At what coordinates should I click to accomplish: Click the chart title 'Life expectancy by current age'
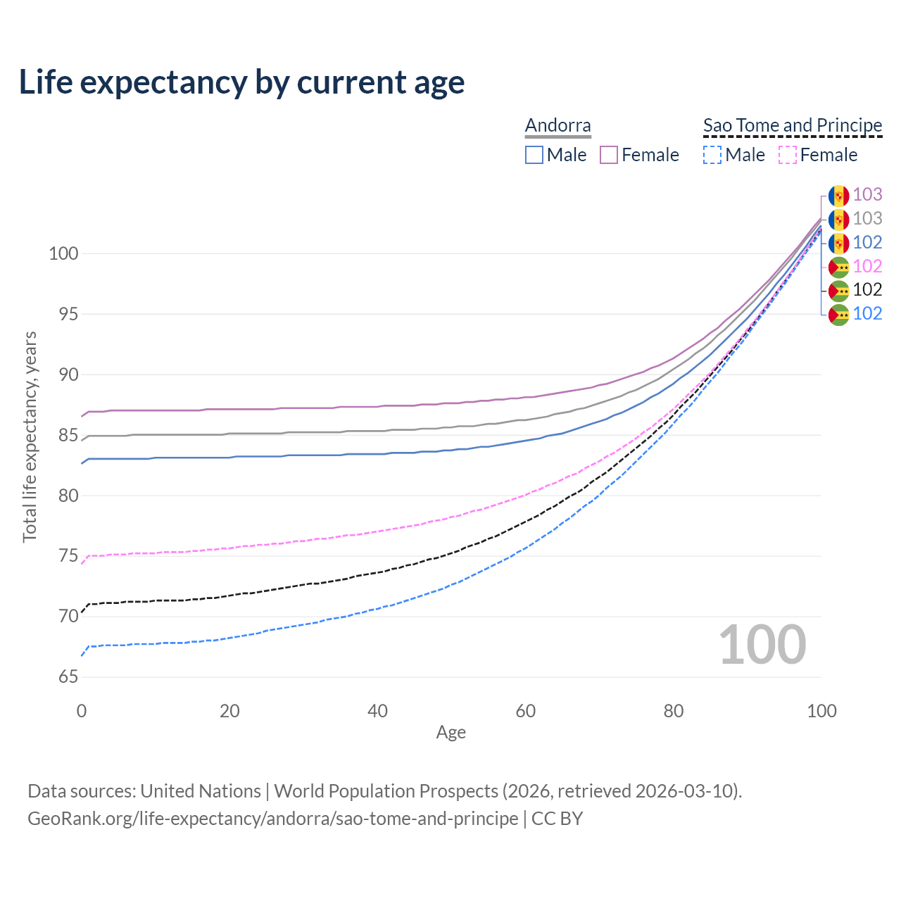[x=241, y=82]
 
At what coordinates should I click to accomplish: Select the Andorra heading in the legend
[x=557, y=125]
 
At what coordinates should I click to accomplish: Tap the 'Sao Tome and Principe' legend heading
[x=793, y=125]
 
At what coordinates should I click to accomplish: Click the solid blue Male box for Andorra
[x=534, y=155]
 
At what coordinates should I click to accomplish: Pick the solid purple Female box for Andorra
[x=609, y=155]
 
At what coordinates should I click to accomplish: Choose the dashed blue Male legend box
[x=712, y=155]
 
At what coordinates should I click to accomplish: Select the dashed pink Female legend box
[x=787, y=155]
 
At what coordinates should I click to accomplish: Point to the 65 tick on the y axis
[x=68, y=677]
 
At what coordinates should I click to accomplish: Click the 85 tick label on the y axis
[x=68, y=436]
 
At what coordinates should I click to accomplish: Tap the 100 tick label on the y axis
[x=63, y=253]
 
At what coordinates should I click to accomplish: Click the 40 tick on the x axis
[x=378, y=711]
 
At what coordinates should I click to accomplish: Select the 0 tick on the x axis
[x=82, y=711]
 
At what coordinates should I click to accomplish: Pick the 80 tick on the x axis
[x=674, y=711]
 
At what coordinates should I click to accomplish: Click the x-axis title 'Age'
[x=450, y=733]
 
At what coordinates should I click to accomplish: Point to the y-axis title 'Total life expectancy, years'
[x=30, y=437]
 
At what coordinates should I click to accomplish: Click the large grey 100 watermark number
[x=762, y=645]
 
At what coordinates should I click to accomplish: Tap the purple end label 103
[x=867, y=194]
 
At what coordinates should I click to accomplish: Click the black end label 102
[x=867, y=289]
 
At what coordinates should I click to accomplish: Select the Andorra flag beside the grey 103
[x=838, y=219]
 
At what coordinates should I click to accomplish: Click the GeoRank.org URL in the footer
[x=272, y=819]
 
